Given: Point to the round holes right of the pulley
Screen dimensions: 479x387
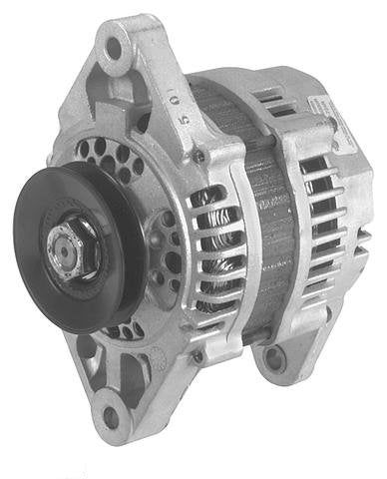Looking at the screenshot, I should click(x=165, y=249).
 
